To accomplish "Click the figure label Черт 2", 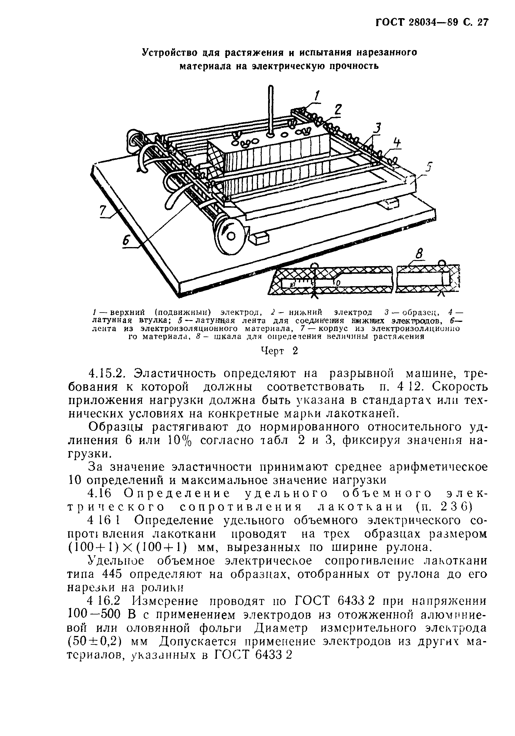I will point(279,351).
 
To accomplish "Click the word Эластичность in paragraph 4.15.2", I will point(177,374).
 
